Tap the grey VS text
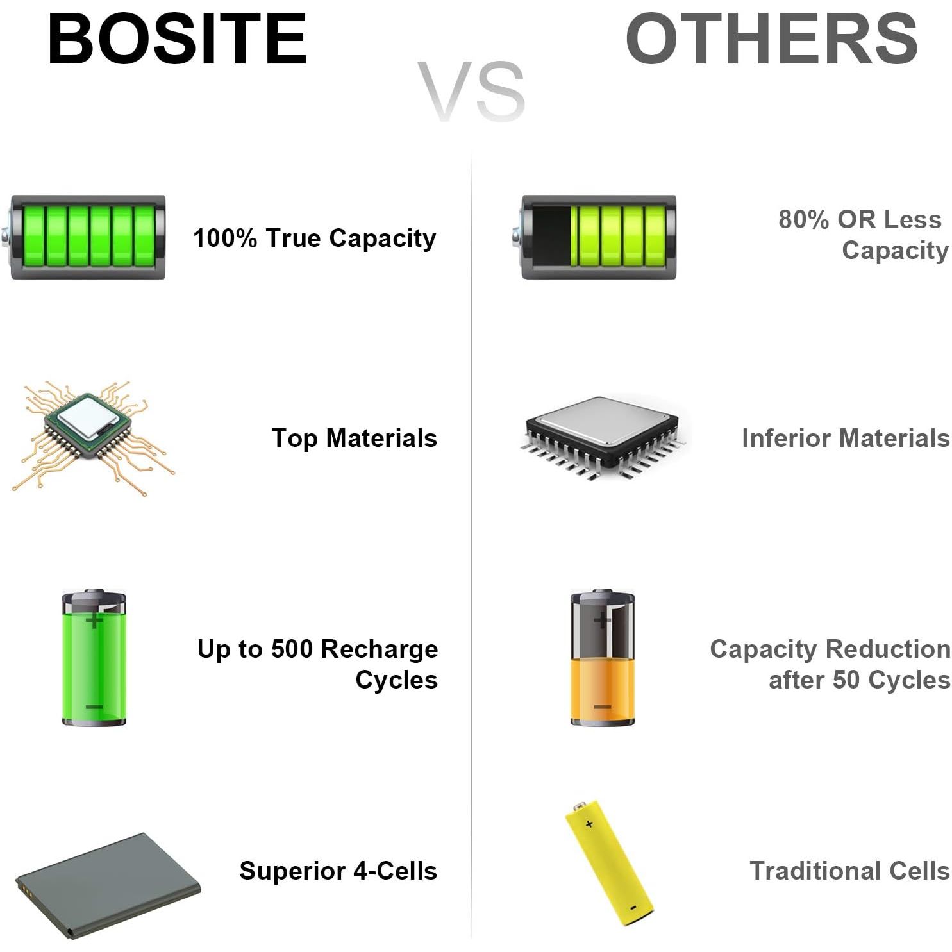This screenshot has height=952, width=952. point(471,92)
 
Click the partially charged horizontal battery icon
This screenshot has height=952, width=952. point(595,237)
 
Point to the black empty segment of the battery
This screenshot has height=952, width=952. point(551,237)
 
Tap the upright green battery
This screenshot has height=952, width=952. point(94,658)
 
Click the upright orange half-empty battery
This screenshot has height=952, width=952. point(603,658)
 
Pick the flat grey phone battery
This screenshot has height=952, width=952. point(108,886)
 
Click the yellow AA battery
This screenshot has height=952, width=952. point(610,863)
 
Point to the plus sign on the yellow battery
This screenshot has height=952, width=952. point(589,824)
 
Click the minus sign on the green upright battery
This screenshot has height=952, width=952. point(94,706)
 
